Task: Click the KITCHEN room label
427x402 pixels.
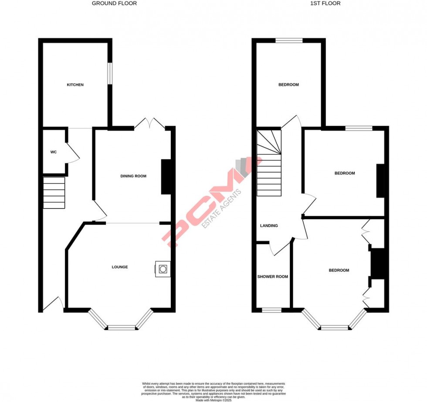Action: pyautogui.click(x=75, y=85)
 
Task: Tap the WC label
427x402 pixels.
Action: pyautogui.click(x=54, y=152)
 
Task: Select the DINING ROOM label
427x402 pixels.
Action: pyautogui.click(x=133, y=176)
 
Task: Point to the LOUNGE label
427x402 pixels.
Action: pyautogui.click(x=120, y=267)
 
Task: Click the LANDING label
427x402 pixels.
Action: pyautogui.click(x=269, y=226)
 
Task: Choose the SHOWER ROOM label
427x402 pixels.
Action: pyautogui.click(x=273, y=277)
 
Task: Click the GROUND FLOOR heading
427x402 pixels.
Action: pyautogui.click(x=114, y=3)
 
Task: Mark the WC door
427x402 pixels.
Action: pyautogui.click(x=72, y=153)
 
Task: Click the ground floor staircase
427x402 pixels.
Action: pyautogui.click(x=54, y=193)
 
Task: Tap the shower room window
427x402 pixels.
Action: pyautogui.click(x=271, y=310)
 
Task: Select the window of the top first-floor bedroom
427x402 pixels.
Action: pyautogui.click(x=289, y=41)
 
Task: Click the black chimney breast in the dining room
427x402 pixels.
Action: pyautogui.click(x=166, y=177)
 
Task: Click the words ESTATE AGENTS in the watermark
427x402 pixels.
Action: pyautogui.click(x=222, y=209)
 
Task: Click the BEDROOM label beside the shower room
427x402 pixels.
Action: pyautogui.click(x=339, y=271)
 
